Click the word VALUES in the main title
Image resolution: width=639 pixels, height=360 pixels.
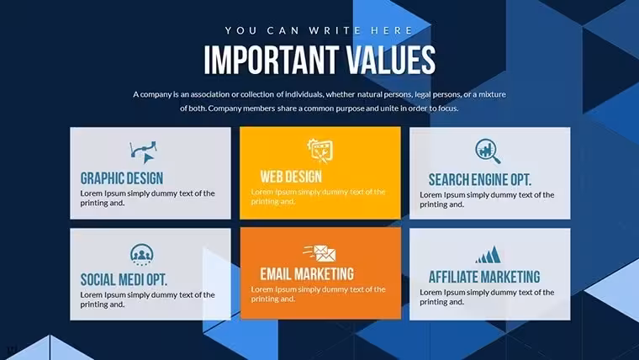pyautogui.click(x=391, y=60)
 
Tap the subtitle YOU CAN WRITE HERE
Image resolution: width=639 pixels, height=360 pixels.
pyautogui.click(x=319, y=30)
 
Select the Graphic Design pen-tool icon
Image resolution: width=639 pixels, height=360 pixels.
pyautogui.click(x=144, y=152)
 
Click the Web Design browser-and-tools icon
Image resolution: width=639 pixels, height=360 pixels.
pyautogui.click(x=320, y=151)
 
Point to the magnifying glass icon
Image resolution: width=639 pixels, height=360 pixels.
pyautogui.click(x=488, y=151)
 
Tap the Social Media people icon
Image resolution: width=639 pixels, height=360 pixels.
pyautogui.click(x=142, y=255)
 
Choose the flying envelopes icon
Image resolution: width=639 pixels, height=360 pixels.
pyautogui.click(x=319, y=253)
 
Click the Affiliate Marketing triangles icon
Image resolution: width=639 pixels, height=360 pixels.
pyautogui.click(x=488, y=254)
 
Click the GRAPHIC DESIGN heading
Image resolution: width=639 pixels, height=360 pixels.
pyautogui.click(x=121, y=178)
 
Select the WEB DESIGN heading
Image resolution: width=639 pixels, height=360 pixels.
pyautogui.click(x=291, y=177)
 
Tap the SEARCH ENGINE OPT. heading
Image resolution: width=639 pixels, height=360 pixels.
pyautogui.click(x=480, y=180)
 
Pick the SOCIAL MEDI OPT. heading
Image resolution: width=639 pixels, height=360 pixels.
pyautogui.click(x=124, y=280)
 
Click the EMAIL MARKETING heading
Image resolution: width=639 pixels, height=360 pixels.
pyautogui.click(x=307, y=274)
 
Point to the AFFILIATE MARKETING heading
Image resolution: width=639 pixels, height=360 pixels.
pyautogui.click(x=484, y=277)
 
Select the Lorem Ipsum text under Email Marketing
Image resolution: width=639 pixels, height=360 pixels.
pyautogui.click(x=318, y=294)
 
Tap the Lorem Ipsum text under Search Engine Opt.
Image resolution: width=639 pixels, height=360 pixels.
pyautogui.click(x=487, y=199)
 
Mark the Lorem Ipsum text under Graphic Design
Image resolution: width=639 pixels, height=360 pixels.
pyautogui.click(x=147, y=198)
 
